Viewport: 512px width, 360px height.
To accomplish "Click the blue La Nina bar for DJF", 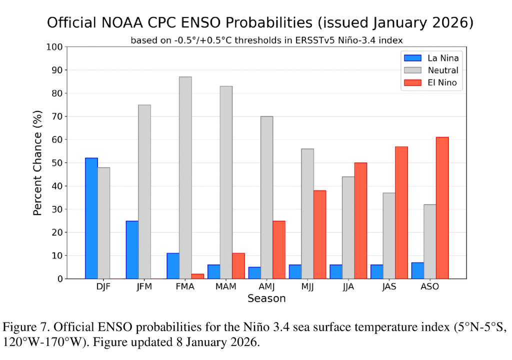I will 91,218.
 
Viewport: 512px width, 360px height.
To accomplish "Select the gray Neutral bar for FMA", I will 185,177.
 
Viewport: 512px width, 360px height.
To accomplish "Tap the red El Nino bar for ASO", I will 442,207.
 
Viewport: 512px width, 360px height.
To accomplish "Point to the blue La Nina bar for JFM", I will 132,249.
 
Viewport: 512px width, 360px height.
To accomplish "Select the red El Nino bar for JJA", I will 360,220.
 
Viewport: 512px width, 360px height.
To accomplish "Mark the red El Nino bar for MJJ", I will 320,234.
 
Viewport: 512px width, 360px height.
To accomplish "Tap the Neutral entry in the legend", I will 442,70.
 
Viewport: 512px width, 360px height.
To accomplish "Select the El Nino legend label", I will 442,83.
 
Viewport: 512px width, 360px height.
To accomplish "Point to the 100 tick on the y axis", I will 55,47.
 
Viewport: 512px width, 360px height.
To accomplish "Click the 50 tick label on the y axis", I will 57,163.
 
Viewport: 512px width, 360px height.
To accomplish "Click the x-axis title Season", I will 266,298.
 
